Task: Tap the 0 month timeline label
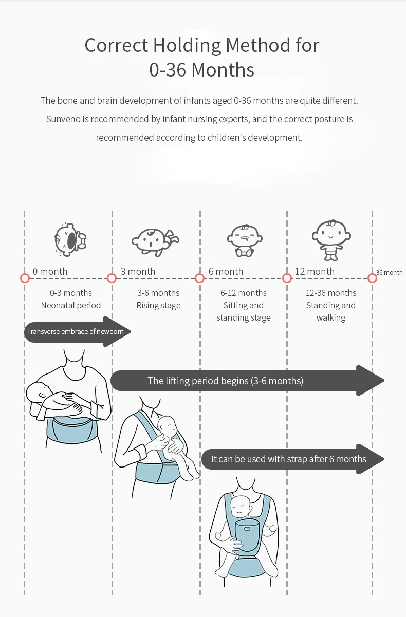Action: pos(50,271)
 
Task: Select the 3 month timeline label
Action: pos(138,271)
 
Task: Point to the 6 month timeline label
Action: pos(226,271)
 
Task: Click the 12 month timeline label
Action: pos(315,271)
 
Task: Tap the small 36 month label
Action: pos(389,272)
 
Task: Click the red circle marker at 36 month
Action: pos(373,278)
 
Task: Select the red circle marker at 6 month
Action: pos(200,278)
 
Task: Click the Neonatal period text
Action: pos(71,305)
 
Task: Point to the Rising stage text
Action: pos(158,305)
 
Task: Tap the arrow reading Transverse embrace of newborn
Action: pos(76,331)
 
